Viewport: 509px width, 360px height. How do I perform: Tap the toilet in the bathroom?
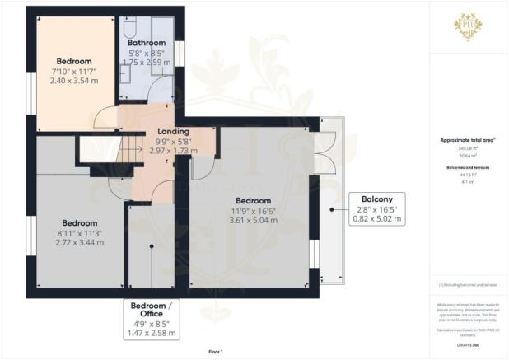[130, 30]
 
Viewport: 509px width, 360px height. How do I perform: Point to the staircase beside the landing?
[131, 150]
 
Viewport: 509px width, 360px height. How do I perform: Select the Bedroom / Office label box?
[154, 320]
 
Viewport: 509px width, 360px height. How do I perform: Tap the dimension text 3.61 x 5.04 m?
[254, 220]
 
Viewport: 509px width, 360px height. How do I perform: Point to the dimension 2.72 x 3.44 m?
[78, 244]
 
